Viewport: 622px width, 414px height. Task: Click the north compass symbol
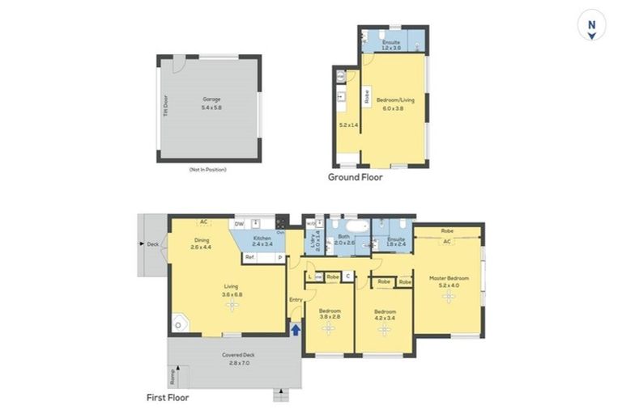(x=592, y=27)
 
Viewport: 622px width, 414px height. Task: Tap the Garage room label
(x=211, y=99)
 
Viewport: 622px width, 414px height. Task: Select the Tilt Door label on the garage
(x=165, y=106)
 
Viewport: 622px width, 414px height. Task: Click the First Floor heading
(x=168, y=397)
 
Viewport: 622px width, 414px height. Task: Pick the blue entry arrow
(x=296, y=329)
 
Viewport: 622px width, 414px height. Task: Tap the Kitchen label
(x=262, y=238)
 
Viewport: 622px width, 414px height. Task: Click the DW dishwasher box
(x=239, y=224)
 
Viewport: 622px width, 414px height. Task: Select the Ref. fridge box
(x=251, y=257)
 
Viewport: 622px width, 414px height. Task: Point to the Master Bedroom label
(x=448, y=279)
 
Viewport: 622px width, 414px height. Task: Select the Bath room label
(x=345, y=236)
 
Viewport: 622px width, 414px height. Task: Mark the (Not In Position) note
(x=207, y=170)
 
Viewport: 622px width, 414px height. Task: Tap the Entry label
(x=296, y=301)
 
